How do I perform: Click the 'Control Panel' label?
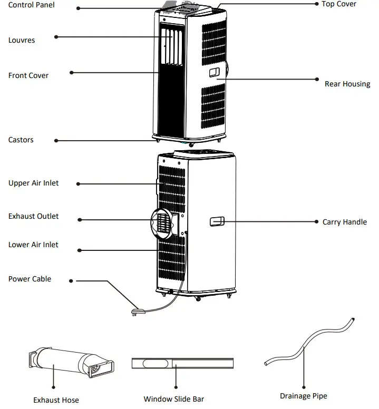coord(31,5)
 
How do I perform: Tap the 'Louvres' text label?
coord(22,40)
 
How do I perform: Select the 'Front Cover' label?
coord(28,75)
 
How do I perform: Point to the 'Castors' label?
coord(21,140)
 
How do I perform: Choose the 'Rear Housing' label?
coord(347,84)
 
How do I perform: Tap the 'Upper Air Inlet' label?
coord(34,183)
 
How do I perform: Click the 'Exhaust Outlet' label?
coord(34,216)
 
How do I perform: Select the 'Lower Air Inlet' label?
coord(33,245)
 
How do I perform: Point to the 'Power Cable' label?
coord(30,279)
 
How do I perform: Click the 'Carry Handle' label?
coord(344,222)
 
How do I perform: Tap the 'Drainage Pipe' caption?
coord(303,396)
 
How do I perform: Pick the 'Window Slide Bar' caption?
coord(173,399)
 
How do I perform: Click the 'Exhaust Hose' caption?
coord(56,400)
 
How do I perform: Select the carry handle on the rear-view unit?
coord(217,222)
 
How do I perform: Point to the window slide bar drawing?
coord(182,363)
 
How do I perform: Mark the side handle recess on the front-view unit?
coord(215,72)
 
